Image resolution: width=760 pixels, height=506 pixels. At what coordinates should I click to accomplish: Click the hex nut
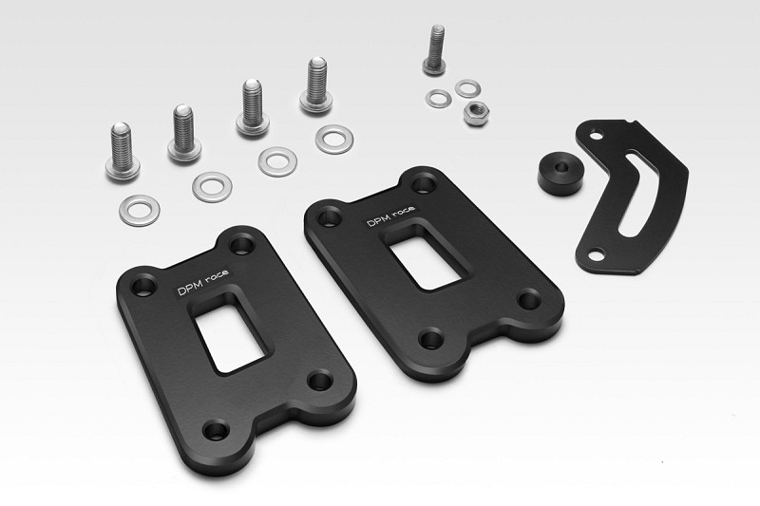coord(476,114)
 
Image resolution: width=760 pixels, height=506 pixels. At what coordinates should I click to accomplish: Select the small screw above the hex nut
coord(435,50)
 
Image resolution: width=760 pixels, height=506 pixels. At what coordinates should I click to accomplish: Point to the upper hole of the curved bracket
coord(597,136)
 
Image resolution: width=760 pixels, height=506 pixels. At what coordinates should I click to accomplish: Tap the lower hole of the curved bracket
coord(596,253)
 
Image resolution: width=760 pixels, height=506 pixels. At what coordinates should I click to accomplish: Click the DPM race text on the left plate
coord(202,283)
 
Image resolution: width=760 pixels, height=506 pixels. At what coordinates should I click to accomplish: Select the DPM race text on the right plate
coord(390,216)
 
